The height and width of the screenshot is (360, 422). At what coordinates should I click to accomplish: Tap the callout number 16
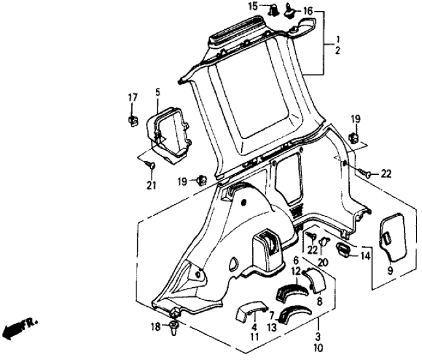[x=308, y=11]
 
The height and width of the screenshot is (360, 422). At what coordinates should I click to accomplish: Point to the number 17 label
[x=132, y=98]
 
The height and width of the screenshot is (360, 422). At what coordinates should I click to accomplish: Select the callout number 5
[x=157, y=93]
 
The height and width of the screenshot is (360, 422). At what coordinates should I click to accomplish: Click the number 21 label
[x=151, y=187]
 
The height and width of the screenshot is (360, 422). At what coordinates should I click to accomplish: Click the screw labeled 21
[x=151, y=169]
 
